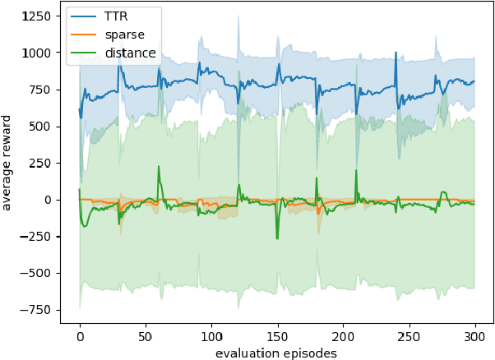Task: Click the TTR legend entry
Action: point(116,16)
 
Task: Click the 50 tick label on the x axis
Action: point(146,336)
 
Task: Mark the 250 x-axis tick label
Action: point(409,336)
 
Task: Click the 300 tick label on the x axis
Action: point(474,336)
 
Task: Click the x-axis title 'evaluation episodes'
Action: point(276,353)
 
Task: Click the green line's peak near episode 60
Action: point(159,167)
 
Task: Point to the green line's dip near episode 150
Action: point(277,238)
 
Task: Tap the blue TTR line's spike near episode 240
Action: point(396,53)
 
